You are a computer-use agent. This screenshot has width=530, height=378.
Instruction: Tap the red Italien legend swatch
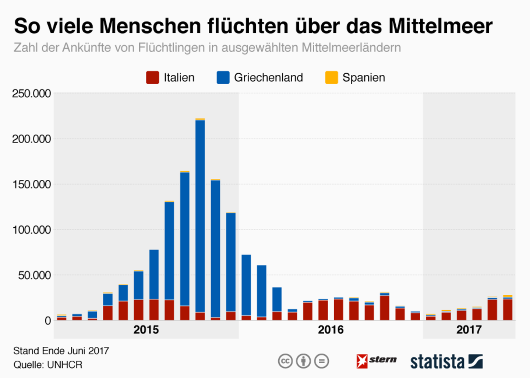[x=152, y=78]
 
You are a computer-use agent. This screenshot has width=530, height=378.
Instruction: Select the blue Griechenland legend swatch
[x=223, y=78]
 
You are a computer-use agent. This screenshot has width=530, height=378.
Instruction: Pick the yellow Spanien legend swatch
[x=331, y=78]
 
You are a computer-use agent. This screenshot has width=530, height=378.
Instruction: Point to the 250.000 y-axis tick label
[x=32, y=94]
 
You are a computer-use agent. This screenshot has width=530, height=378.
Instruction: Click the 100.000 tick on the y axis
[x=32, y=230]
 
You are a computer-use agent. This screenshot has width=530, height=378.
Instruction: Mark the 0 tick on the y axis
[x=48, y=321]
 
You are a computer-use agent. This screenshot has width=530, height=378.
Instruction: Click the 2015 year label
[x=146, y=330]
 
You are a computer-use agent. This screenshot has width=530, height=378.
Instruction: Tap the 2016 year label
[x=331, y=330]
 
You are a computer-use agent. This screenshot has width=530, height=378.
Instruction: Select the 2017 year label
[x=469, y=330]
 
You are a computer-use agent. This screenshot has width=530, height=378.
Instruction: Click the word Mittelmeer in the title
[x=440, y=27]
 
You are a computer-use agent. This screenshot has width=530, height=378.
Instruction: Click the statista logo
[x=446, y=361]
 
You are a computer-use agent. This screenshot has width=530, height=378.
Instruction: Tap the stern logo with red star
[x=376, y=361]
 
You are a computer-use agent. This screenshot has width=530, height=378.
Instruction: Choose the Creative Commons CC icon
[x=285, y=361]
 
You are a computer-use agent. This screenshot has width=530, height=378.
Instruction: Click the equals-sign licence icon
[x=322, y=361]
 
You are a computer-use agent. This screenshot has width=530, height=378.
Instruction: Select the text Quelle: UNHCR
[x=48, y=365]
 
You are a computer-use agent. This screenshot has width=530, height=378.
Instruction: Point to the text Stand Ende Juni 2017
[x=61, y=351]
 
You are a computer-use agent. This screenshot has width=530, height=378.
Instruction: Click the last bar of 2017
[x=508, y=309]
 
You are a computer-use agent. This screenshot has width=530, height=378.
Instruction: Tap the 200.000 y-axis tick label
[x=32, y=139]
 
